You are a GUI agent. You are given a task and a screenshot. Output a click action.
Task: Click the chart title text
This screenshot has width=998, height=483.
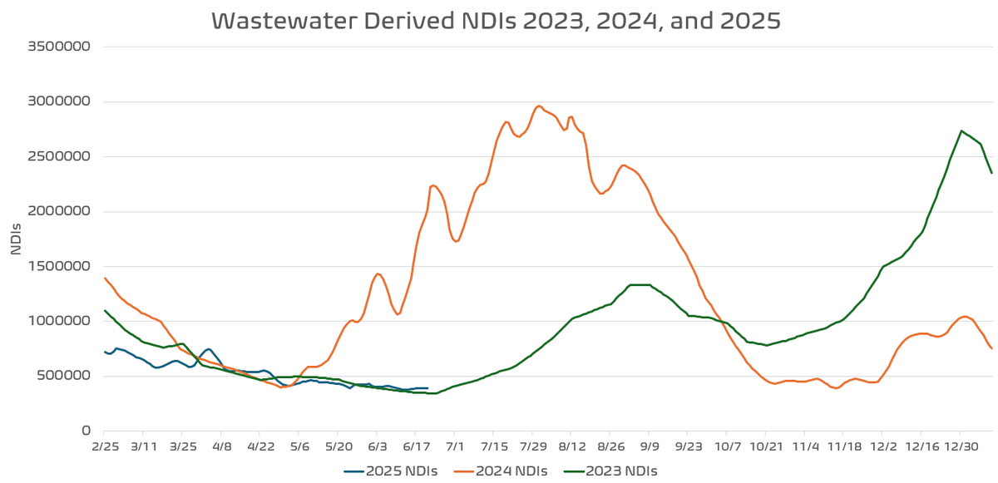(496, 21)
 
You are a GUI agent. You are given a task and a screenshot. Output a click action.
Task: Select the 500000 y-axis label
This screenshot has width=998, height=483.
(60, 376)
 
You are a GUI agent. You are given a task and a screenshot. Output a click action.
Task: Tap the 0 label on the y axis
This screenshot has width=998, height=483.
(86, 431)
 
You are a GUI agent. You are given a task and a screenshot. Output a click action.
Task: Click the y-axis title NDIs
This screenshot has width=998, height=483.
(16, 239)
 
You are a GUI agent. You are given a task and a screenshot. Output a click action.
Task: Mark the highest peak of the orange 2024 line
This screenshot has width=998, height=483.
(539, 106)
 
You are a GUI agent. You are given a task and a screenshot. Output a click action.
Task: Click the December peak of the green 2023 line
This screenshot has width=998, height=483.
(961, 131)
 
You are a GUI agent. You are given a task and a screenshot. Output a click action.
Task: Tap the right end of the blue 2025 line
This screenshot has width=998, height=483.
(427, 388)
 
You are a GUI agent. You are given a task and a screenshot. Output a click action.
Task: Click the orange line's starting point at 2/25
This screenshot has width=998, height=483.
(105, 278)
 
